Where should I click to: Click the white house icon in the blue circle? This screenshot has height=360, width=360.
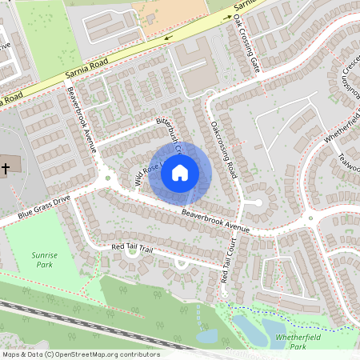coord(180,172)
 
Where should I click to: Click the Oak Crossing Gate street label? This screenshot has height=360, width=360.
coord(248,48)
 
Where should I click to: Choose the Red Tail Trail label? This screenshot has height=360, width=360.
coord(131,248)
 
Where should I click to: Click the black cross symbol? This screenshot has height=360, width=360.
coord(6,168)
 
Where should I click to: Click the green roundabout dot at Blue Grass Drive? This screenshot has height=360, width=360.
coord(107,178)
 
